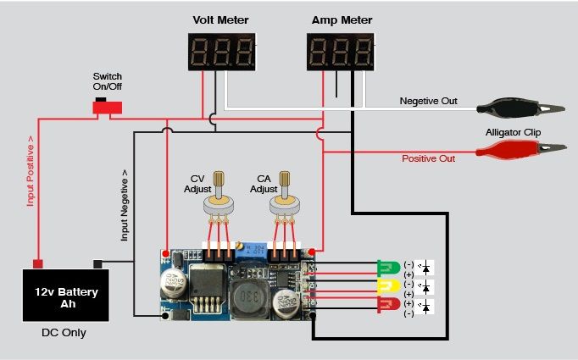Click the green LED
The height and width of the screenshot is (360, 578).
388,269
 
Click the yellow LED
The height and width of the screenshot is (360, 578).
388,286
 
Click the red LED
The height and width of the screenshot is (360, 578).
388,304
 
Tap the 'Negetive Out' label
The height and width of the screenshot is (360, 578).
428,101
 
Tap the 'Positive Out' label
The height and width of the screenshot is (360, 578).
428,158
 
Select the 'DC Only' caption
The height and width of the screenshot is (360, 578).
64,333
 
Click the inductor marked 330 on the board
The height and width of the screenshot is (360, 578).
247,299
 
